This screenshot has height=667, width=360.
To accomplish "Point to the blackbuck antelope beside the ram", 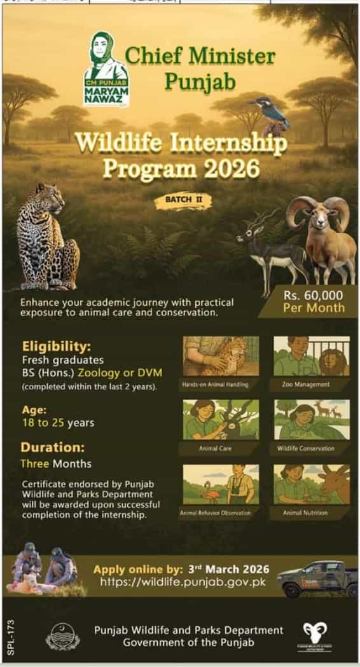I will [x=270, y=245].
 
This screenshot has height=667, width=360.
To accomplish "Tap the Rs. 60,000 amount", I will [x=314, y=295].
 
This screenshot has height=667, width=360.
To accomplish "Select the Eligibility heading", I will [x=57, y=347].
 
